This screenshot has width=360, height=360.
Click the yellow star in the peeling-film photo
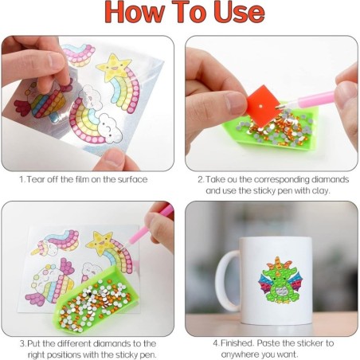point(114,67)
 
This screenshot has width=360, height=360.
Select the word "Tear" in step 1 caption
point(35,179)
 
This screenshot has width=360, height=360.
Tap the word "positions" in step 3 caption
point(63,354)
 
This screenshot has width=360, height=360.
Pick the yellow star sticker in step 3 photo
point(100,243)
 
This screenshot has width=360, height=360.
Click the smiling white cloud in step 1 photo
point(109,128)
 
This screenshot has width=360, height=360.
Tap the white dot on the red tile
point(261,106)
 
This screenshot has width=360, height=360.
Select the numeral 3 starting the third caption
point(22,343)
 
